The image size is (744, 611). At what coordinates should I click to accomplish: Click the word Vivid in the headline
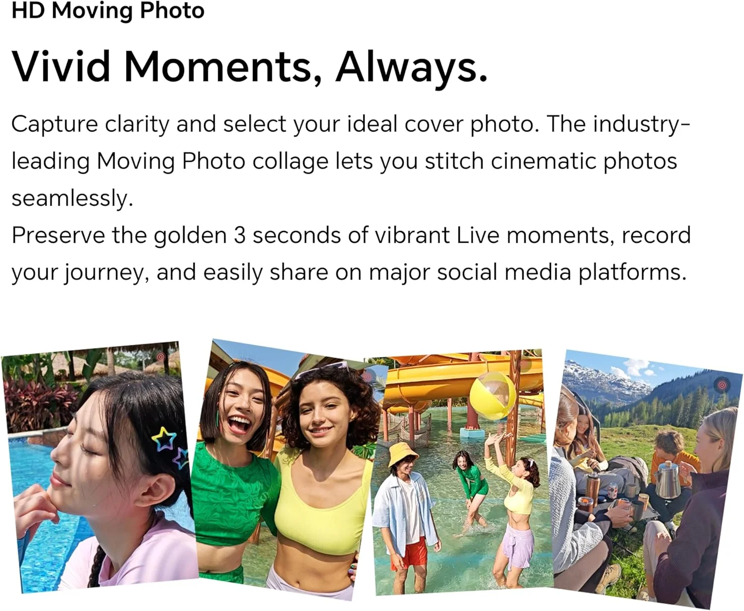coord(61,67)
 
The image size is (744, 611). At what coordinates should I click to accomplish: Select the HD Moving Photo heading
coord(108,10)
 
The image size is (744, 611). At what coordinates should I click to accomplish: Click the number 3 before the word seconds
coord(239,235)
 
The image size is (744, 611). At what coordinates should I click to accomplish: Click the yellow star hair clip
coord(164,438)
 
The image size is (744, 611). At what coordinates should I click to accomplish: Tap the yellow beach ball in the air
coord(493,395)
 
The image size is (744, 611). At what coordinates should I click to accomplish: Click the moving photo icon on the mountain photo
coord(722,385)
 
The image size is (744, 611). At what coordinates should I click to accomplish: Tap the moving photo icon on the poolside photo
coord(161,357)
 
